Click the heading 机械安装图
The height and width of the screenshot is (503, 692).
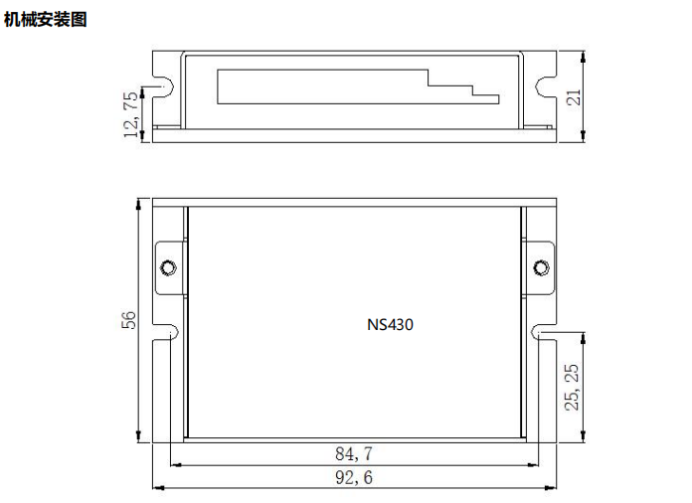[45, 19]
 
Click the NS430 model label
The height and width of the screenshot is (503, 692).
[390, 324]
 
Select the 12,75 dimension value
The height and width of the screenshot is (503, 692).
[130, 114]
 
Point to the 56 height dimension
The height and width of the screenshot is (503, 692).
[128, 320]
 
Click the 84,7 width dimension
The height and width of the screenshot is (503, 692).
[354, 453]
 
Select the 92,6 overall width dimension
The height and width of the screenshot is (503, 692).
[354, 478]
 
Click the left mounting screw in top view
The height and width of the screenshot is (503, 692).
[168, 267]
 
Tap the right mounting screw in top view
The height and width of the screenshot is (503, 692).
[541, 267]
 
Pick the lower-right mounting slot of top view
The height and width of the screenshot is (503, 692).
[544, 331]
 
